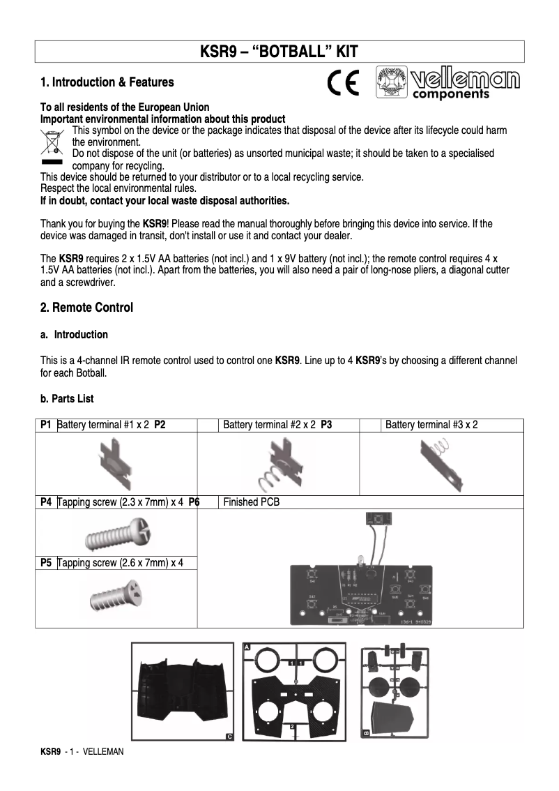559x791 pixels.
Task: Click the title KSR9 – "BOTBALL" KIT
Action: click(279, 52)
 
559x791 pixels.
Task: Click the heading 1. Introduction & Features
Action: click(107, 82)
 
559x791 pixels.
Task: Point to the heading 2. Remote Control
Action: click(86, 308)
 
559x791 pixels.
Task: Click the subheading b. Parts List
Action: click(67, 399)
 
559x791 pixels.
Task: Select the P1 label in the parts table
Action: click(46, 425)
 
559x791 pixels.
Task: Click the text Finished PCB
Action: click(251, 502)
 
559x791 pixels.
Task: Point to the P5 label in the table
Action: click(46, 563)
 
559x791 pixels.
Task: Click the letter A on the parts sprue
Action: click(247, 647)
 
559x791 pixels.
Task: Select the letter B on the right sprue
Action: click(366, 733)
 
